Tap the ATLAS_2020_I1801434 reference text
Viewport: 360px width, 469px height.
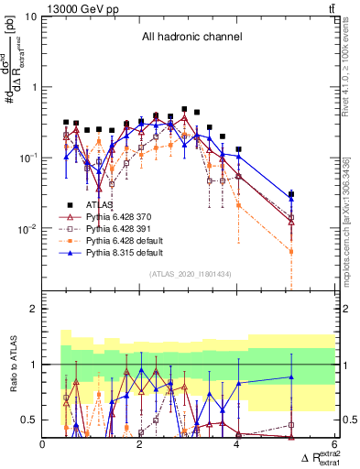[x=191, y=274]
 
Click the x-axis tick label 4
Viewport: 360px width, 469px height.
[x=238, y=444]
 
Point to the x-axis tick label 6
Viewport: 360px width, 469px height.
[x=334, y=444]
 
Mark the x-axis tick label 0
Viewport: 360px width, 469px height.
[x=43, y=444]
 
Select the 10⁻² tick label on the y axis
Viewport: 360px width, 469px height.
[x=27, y=228]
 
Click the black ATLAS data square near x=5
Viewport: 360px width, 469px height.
[x=291, y=194]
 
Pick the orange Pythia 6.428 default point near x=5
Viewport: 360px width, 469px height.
[x=291, y=251]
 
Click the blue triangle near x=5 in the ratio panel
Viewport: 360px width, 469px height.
[x=291, y=376]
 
